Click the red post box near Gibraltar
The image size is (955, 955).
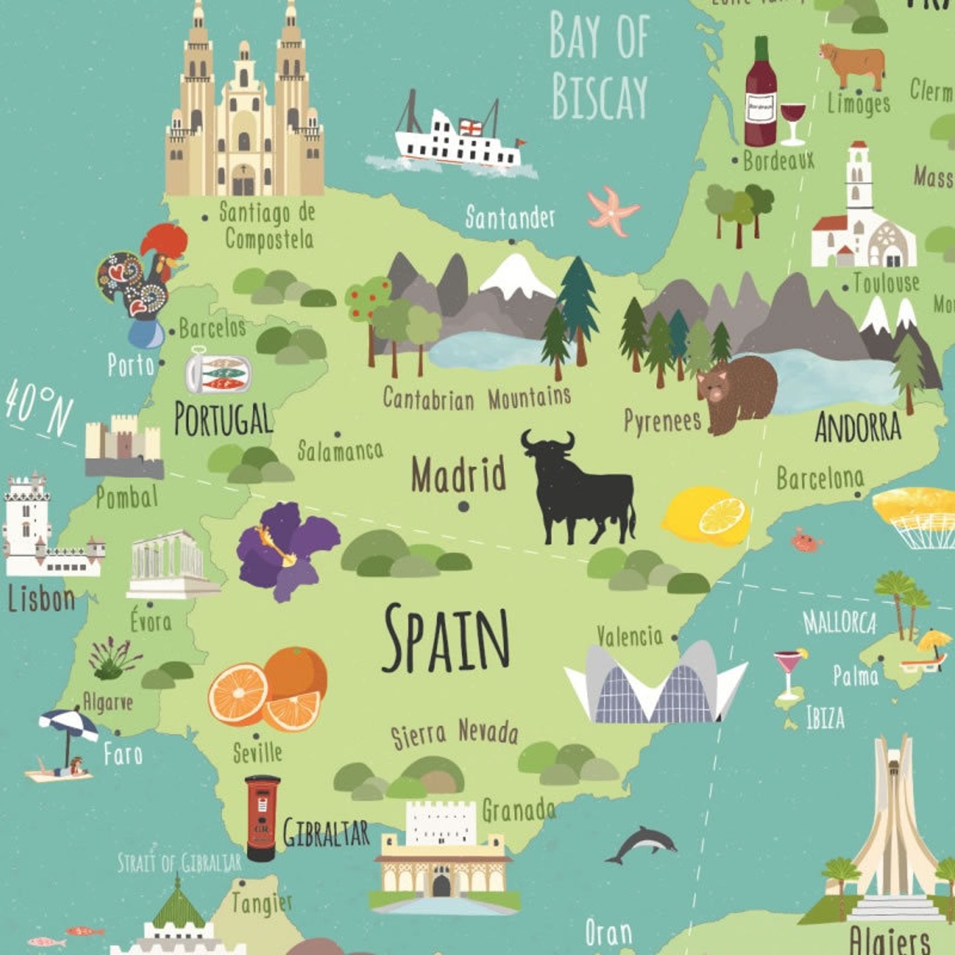pyautogui.click(x=262, y=817)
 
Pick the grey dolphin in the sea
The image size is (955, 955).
pyautogui.click(x=642, y=843)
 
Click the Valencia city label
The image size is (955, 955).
pyautogui.click(x=629, y=636)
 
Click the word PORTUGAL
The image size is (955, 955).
pyautogui.click(x=223, y=419)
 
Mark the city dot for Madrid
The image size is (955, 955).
pyautogui.click(x=463, y=507)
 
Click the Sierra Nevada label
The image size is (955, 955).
pyautogui.click(x=454, y=733)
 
